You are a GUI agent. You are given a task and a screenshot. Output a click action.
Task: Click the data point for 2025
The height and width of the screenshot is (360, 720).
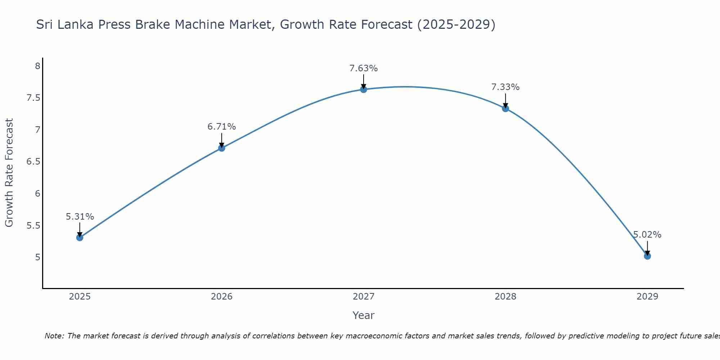[80, 238]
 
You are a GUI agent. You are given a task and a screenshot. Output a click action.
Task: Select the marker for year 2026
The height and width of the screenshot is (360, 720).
[222, 148]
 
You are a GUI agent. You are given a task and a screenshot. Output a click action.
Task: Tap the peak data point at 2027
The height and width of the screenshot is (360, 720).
[364, 89]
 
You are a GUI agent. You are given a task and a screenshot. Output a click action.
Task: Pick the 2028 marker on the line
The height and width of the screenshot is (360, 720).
[505, 108]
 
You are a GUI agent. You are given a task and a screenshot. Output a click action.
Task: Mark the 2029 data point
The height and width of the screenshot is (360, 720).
[647, 256]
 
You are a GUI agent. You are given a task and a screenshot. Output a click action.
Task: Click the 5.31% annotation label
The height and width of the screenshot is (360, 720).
[80, 217]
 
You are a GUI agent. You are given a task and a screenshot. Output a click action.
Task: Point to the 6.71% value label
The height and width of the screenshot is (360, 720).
[222, 127]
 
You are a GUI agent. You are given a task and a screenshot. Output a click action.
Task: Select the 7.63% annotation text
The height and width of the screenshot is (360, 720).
[364, 68]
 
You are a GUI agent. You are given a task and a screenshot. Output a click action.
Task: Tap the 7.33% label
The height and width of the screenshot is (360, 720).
[505, 87]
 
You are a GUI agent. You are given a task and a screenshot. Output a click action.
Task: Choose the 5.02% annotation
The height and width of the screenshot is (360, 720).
[647, 235]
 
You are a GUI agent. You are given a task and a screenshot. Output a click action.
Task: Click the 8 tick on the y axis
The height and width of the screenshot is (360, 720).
[37, 66]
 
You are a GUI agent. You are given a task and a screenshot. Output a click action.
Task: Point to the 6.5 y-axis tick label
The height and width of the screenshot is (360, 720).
[33, 161]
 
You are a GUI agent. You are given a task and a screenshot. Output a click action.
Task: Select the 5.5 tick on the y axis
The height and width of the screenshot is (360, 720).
[33, 226]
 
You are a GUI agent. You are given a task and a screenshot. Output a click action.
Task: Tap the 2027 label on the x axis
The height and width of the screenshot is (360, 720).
[364, 297]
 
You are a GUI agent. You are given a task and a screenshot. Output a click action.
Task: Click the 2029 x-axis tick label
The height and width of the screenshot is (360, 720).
[647, 297]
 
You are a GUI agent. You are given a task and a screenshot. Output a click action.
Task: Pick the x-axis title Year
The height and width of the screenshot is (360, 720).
[364, 315]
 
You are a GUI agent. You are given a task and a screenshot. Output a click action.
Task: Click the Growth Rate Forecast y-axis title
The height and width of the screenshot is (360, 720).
[9, 173]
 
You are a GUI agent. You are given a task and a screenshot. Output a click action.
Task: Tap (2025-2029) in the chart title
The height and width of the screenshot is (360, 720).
[456, 24]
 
